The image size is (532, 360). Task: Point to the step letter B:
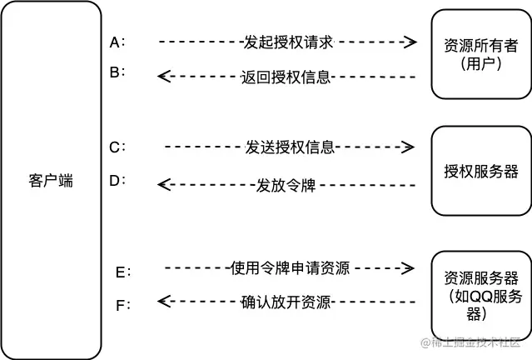point(117,72)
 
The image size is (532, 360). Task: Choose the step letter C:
point(117,147)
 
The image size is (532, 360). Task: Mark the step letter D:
point(117,179)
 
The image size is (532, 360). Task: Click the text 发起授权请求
point(287,41)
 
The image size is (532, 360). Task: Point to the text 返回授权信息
point(286,77)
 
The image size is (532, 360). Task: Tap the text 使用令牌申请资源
point(290,268)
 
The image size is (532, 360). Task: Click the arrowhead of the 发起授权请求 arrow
point(410,41)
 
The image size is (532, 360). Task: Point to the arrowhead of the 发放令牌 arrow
point(164,184)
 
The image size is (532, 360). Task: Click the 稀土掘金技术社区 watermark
point(475,342)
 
